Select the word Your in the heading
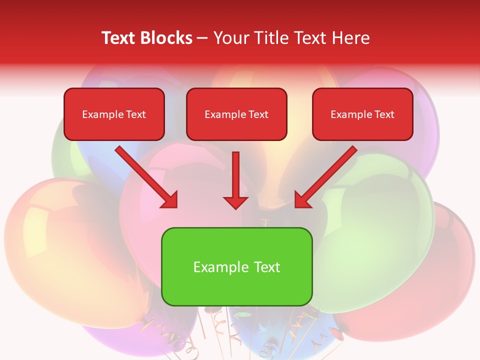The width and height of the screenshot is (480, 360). (232, 38)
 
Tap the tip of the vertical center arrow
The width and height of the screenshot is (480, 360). (235, 207)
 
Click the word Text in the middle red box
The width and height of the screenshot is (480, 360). (258, 114)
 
